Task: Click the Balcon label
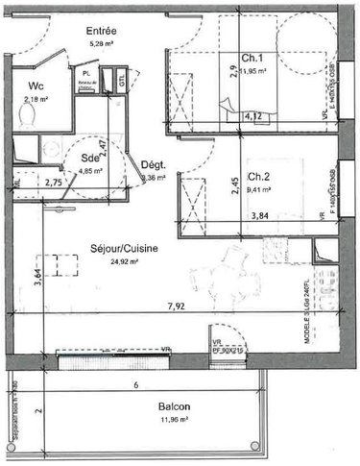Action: pyautogui.click(x=180, y=406)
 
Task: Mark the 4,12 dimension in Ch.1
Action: pyautogui.click(x=254, y=116)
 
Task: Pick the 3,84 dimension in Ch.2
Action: pyautogui.click(x=259, y=216)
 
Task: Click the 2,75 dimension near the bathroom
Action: pyautogui.click(x=55, y=181)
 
